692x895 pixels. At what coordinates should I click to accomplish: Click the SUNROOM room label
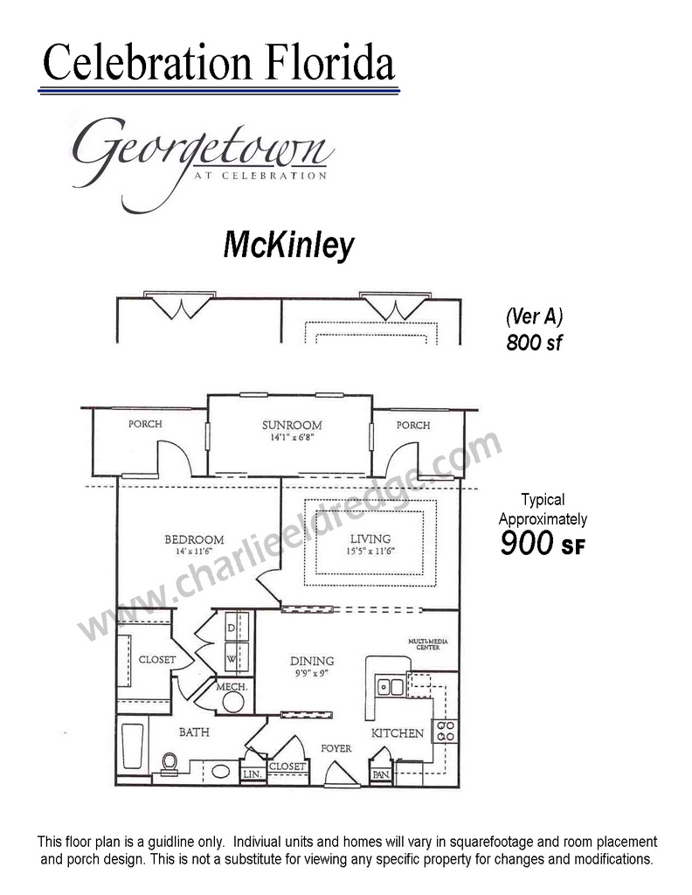coord(292,426)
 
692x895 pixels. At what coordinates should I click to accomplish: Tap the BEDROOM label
coord(194,539)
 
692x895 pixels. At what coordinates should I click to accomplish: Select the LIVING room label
coord(370,538)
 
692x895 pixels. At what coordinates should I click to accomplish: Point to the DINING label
coord(312,661)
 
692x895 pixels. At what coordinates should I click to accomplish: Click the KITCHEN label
coord(398,733)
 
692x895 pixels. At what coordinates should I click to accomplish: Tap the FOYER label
coord(336,748)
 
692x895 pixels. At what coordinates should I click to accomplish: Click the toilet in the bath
coord(170,764)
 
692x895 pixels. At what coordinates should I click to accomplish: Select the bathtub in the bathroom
coord(133,746)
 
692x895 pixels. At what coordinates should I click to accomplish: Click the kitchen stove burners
coord(446,732)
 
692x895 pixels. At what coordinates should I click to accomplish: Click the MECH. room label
coord(232,687)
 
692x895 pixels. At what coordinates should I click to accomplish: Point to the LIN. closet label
coord(253,774)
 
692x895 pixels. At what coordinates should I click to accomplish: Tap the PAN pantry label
coord(381,774)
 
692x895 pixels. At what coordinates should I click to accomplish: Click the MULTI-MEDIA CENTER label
coord(428,644)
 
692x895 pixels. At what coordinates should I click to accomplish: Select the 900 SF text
coord(543,543)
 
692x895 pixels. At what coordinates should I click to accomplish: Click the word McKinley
coord(288,246)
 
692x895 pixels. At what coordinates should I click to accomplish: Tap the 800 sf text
coord(535,343)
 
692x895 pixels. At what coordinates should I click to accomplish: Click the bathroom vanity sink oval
coord(221,772)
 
